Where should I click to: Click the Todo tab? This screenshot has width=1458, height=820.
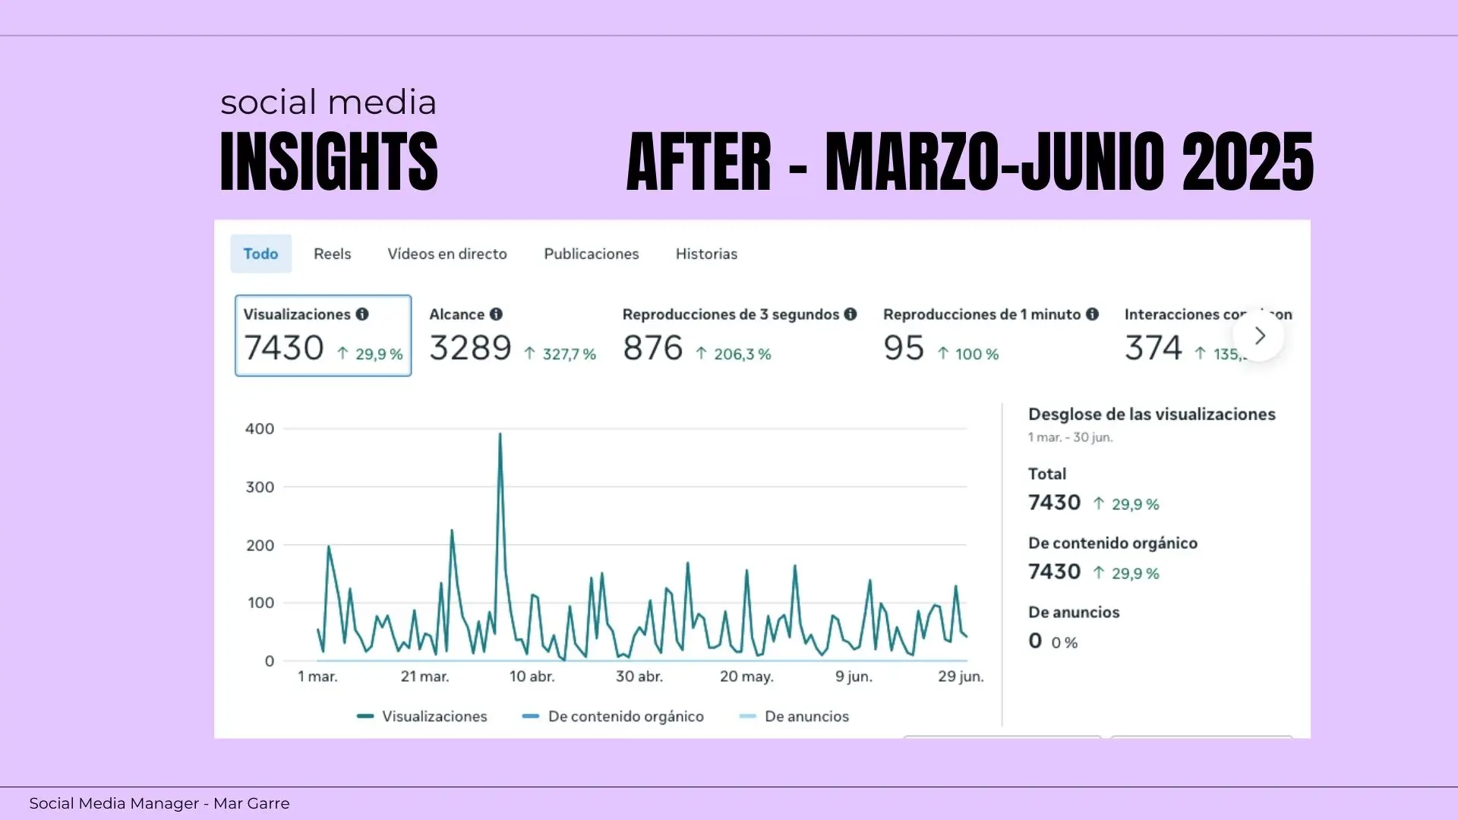pos(260,254)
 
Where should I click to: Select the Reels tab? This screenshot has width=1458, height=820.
pos(332,254)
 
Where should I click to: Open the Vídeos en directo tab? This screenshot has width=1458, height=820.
pos(447,254)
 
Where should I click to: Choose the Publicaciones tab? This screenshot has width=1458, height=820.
pos(592,254)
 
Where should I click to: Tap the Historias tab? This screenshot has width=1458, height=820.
pos(706,254)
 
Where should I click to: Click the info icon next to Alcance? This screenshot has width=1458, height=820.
pos(496,314)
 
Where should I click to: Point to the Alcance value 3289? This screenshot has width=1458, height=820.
pos(470,348)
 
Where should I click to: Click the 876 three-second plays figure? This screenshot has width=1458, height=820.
pos(652,348)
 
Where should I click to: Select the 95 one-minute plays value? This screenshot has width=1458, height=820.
pos(903,348)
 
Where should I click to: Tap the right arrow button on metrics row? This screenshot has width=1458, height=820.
pos(1259,336)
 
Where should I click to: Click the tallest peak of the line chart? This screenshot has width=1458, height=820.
pos(500,434)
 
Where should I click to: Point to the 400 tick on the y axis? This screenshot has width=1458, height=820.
pos(260,429)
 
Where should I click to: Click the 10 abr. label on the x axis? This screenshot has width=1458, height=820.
pos(532,676)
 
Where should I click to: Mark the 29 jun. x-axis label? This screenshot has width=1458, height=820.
pos(961,676)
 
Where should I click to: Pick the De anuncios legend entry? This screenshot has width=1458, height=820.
pos(806,716)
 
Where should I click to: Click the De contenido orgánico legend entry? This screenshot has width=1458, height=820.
pos(626,716)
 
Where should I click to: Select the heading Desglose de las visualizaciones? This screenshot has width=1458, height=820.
pos(1151,415)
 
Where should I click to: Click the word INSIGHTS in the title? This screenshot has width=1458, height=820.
pos(329,161)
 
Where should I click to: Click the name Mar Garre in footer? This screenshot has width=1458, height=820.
pos(251,803)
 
